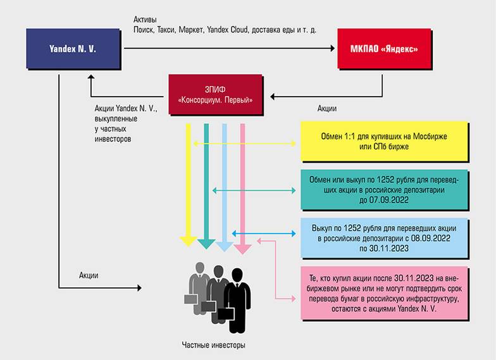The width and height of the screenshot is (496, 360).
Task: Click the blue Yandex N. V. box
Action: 73,47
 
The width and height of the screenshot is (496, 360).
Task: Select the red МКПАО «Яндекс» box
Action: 384,48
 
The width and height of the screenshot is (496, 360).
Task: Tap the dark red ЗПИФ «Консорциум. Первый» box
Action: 216,95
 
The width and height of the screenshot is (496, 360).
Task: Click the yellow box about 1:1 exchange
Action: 384,142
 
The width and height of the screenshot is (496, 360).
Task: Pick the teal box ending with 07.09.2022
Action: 384,189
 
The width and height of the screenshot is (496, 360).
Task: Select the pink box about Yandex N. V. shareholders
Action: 384,295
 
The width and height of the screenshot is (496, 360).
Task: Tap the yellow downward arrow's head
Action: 188,241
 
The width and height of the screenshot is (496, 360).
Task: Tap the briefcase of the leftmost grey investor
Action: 190,297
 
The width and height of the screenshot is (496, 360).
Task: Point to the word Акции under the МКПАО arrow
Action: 327,109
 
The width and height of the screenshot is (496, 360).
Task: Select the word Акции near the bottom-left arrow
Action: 89,275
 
